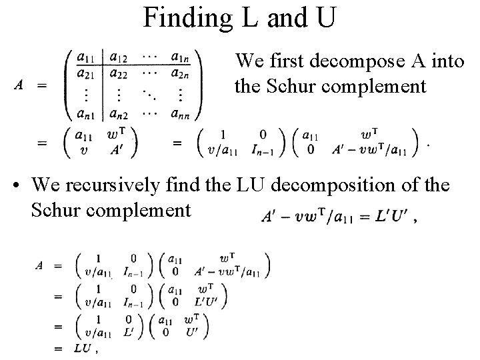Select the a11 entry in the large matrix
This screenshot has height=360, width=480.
point(85,57)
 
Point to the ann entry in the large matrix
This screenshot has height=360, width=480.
point(179,114)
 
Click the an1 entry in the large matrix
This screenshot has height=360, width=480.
point(85,114)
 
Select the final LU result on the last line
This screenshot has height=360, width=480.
point(83,348)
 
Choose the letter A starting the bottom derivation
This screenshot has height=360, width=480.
point(40,265)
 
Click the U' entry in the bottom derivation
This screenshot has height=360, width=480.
point(192,331)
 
